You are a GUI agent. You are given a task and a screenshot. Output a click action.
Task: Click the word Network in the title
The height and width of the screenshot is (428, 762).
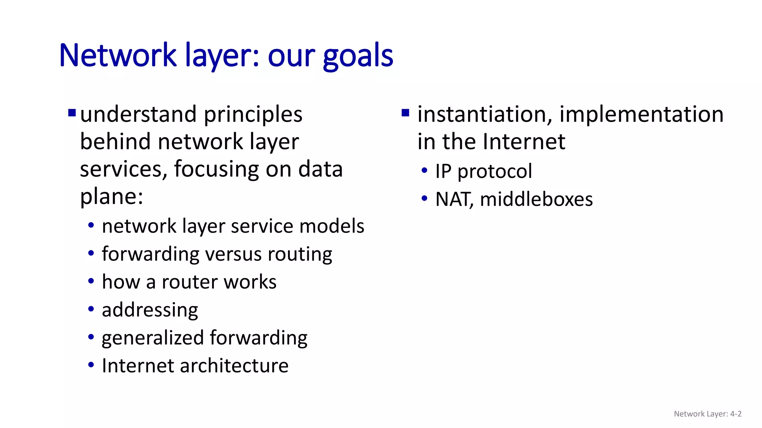click(x=118, y=56)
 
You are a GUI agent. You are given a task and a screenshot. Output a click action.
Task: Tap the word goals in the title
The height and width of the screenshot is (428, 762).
click(x=358, y=56)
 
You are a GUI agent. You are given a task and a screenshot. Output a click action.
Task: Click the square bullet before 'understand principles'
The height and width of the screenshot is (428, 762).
click(x=72, y=112)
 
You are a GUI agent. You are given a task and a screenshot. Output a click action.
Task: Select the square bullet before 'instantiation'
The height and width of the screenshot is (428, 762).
click(x=406, y=112)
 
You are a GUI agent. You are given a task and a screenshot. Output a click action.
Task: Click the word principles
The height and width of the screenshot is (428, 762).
click(x=253, y=114)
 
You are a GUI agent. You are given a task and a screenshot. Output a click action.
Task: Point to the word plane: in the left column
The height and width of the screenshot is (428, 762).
click(x=112, y=197)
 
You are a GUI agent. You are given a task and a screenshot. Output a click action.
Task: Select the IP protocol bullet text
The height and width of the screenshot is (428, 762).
click(x=484, y=171)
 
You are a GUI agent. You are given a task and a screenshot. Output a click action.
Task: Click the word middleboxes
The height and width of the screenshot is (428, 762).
click(x=536, y=199)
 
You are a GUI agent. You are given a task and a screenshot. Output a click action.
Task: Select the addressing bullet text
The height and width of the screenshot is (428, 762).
click(x=150, y=310)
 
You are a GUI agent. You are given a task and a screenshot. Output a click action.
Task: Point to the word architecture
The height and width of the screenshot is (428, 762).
click(x=234, y=366)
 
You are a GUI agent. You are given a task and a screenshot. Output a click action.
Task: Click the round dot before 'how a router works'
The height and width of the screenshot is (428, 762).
click(x=91, y=281)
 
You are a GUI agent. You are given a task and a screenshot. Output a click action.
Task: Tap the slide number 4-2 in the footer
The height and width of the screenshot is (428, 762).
click(x=736, y=414)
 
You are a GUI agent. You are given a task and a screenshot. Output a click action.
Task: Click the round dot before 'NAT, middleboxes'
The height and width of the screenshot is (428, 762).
click(x=425, y=198)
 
